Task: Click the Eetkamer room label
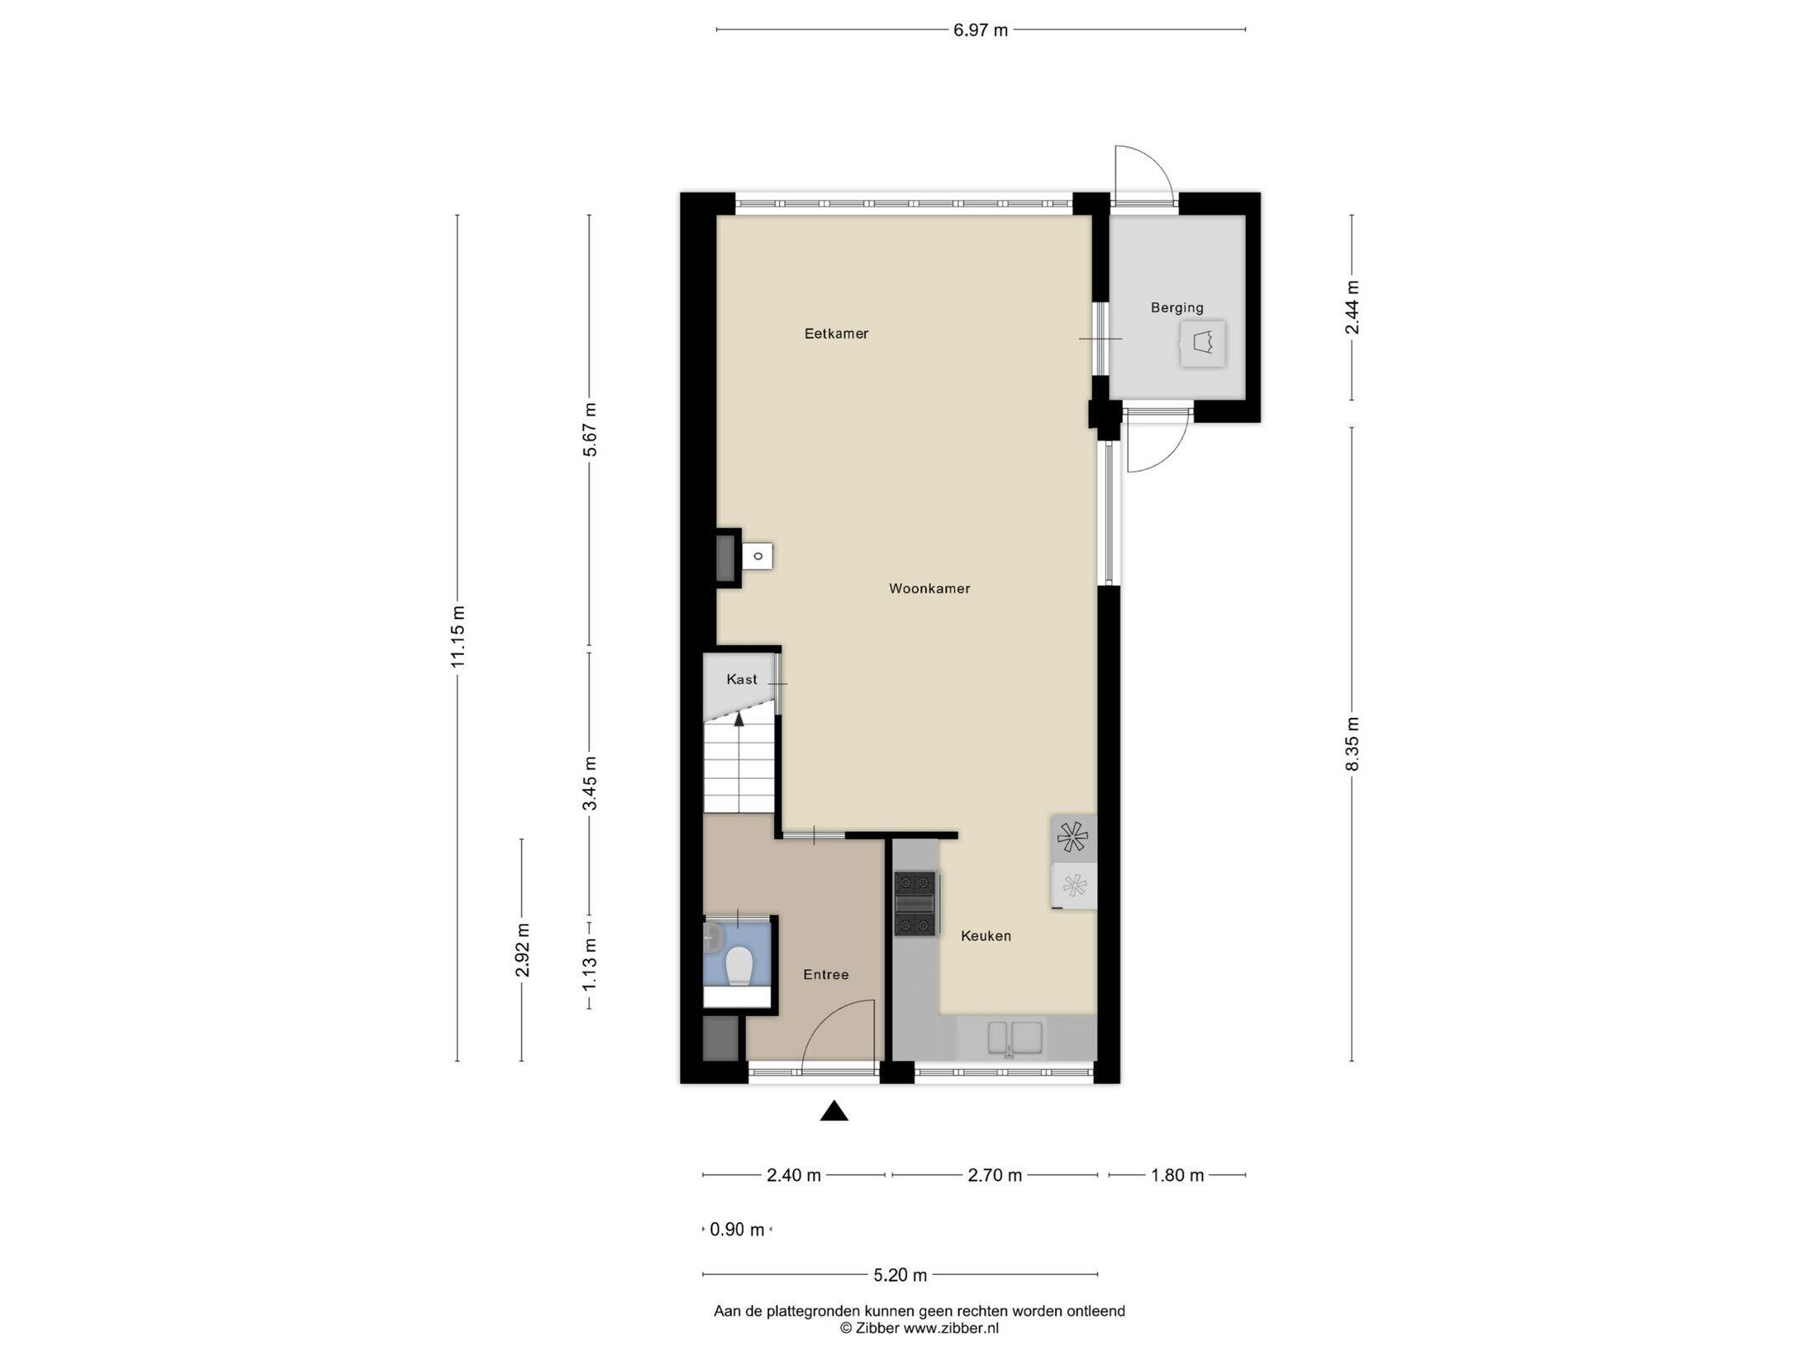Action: click(x=836, y=333)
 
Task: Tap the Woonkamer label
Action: click(x=930, y=589)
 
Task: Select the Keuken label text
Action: click(x=986, y=936)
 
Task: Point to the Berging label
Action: click(x=1177, y=307)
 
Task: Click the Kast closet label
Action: click(x=741, y=679)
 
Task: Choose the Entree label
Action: click(x=826, y=974)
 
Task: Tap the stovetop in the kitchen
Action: click(x=915, y=904)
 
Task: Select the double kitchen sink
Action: click(x=1015, y=1037)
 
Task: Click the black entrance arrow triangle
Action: click(x=834, y=1112)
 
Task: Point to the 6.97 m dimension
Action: click(x=981, y=30)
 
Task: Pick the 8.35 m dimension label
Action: click(x=1352, y=744)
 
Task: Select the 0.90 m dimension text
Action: click(x=737, y=1230)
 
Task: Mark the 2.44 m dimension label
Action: click(x=1352, y=307)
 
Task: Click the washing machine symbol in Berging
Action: click(x=1203, y=343)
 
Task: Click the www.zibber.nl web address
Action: click(x=951, y=1328)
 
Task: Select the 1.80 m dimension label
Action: click(x=1178, y=1175)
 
